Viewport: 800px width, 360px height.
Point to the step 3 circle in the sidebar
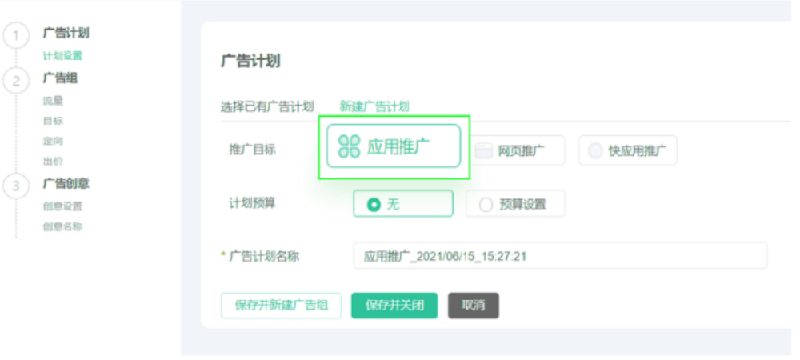point(15,186)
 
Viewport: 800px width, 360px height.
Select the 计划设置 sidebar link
point(62,56)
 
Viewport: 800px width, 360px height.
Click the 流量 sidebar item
point(53,101)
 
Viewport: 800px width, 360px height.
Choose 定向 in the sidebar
point(53,141)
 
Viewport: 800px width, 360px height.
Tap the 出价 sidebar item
point(53,161)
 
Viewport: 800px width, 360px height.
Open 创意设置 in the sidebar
point(62,206)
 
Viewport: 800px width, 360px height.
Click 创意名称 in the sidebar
point(62,226)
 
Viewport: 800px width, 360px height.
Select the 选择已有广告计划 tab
point(267,106)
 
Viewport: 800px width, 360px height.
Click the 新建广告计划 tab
point(374,106)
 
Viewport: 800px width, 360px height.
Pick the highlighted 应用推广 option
point(394,146)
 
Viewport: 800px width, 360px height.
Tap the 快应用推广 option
point(628,150)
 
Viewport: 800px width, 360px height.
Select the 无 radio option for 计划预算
point(402,204)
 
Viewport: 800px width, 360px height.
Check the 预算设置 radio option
point(515,204)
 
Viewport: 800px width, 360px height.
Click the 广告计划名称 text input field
point(560,256)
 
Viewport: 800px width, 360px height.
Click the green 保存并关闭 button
point(394,306)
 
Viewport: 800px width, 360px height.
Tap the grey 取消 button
point(474,306)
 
